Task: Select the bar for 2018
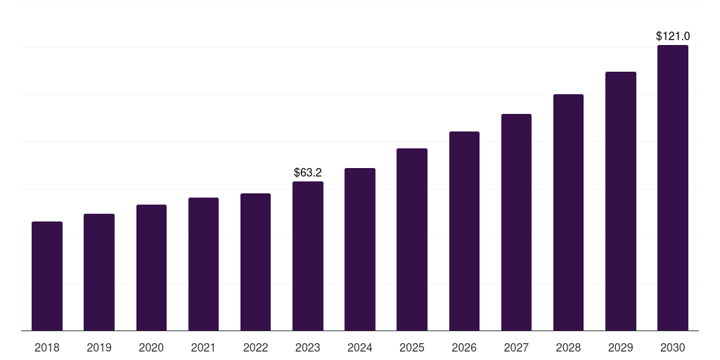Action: click(47, 276)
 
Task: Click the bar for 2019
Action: click(99, 272)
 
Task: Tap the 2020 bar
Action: click(151, 268)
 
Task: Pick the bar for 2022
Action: click(255, 262)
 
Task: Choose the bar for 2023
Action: click(308, 256)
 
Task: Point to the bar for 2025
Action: click(412, 240)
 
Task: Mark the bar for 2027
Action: click(516, 222)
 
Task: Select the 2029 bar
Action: click(620, 201)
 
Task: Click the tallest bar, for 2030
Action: click(673, 188)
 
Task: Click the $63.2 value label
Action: click(308, 173)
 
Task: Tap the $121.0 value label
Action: click(673, 37)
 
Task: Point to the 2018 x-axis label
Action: click(47, 347)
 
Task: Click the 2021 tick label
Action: click(203, 347)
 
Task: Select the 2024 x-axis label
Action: click(359, 347)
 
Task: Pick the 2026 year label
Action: click(464, 347)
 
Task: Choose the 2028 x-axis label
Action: click(568, 347)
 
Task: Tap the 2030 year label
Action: click(673, 347)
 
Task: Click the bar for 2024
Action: click(360, 250)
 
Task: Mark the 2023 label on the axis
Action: click(308, 347)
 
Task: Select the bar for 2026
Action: click(464, 231)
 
